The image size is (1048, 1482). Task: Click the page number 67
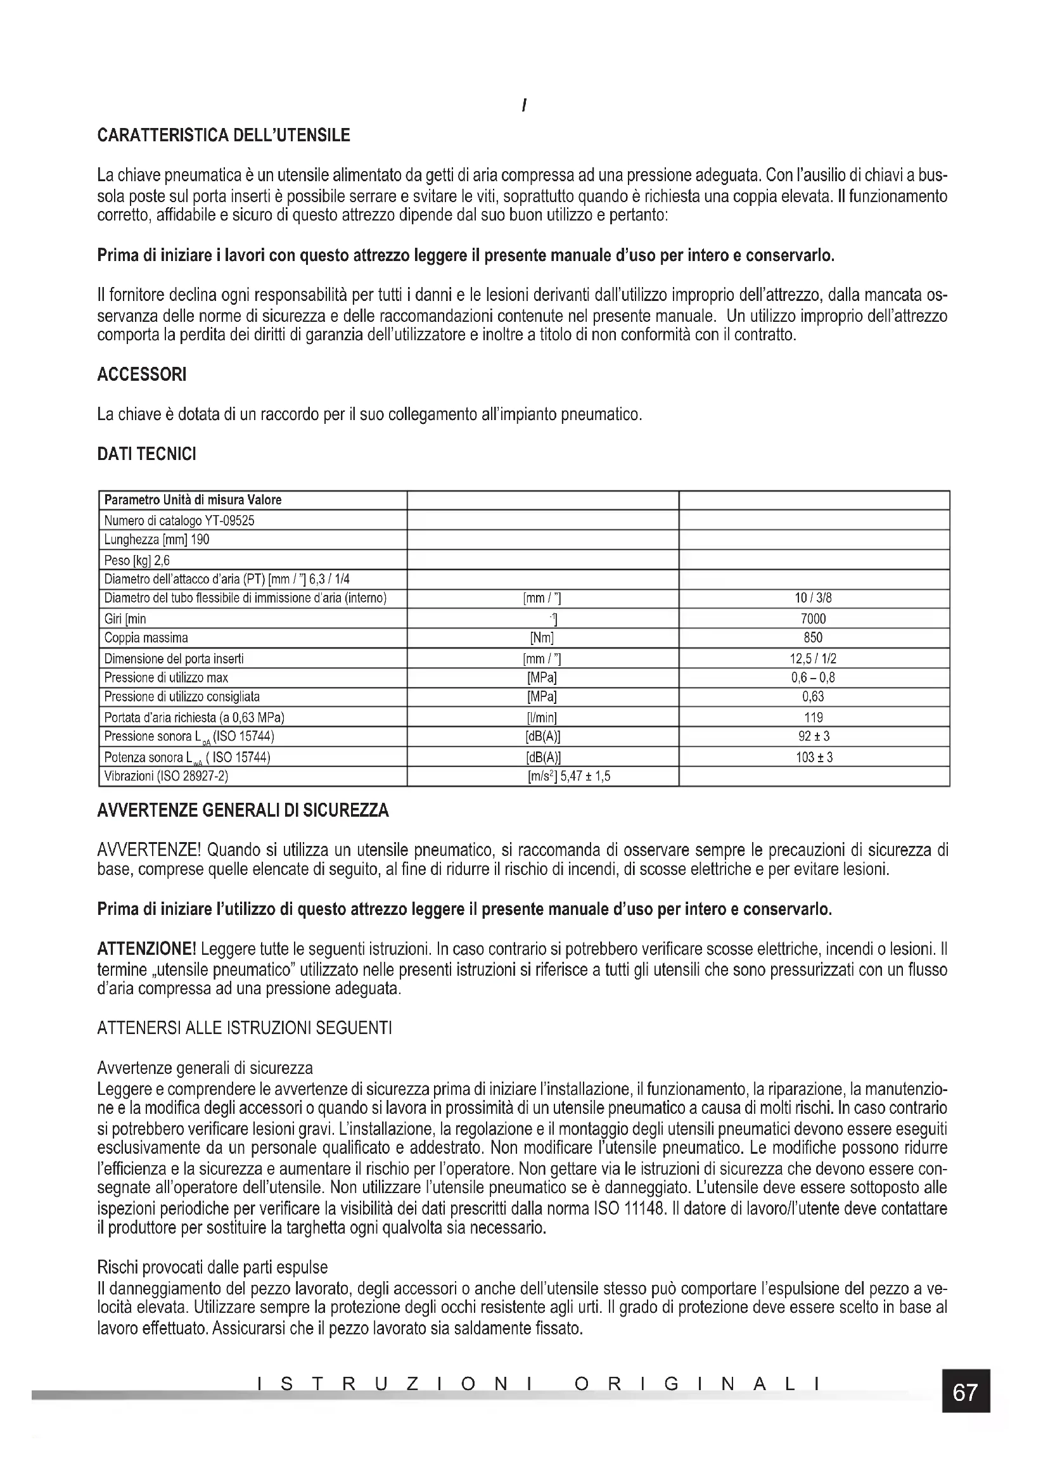(x=965, y=1392)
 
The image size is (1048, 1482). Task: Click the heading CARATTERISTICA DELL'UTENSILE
(x=223, y=136)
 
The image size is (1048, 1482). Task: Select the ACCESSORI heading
(x=141, y=374)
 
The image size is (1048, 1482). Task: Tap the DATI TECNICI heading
(x=146, y=454)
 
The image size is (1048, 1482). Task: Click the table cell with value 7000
(x=813, y=619)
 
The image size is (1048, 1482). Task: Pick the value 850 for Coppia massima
(x=813, y=638)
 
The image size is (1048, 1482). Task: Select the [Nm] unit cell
(x=542, y=638)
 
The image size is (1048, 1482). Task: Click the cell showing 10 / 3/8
(x=813, y=598)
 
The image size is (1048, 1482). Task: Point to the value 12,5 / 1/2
(x=813, y=659)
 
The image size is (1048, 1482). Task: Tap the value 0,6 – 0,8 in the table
(x=813, y=678)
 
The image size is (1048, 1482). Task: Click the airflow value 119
(x=813, y=717)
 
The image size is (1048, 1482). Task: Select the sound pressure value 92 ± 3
(x=813, y=736)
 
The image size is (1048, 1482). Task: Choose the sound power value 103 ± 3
(x=813, y=757)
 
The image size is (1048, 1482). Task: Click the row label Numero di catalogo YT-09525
(x=179, y=520)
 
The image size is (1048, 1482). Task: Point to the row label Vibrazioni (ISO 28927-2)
(x=167, y=777)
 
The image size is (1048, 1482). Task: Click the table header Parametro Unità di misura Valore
(x=193, y=501)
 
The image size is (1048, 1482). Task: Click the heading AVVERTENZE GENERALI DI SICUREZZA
(x=243, y=811)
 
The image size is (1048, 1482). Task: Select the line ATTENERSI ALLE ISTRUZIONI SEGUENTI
(x=244, y=1028)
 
